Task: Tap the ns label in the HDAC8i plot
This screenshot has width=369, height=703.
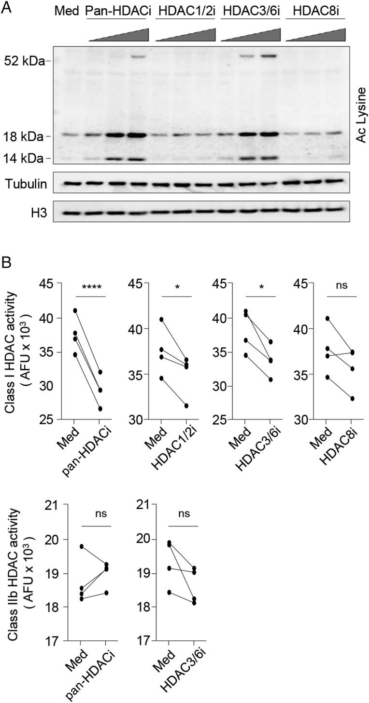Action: (x=344, y=287)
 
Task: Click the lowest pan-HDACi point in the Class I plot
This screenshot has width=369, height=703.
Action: (x=100, y=409)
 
